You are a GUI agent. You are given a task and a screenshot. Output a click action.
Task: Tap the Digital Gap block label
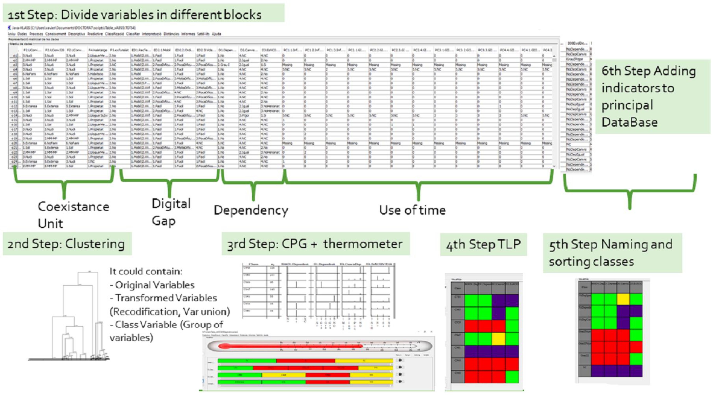[171, 212]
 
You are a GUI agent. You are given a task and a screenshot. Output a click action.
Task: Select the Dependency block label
[251, 210]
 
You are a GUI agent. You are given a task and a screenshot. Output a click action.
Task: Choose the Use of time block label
[412, 210]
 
